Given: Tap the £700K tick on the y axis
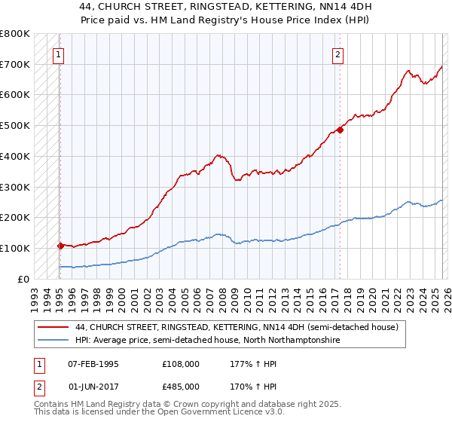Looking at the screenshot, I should (15, 64).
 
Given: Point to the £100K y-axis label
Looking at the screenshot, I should (15, 248).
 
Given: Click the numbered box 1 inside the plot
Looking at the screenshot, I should (58, 54).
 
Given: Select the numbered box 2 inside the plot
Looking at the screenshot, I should (338, 54).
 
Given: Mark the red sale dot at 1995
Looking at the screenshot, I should (60, 246).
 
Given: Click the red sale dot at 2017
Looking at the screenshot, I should (341, 130).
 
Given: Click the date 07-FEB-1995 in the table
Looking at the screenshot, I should (93, 364).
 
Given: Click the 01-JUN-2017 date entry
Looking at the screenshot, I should (93, 386).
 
